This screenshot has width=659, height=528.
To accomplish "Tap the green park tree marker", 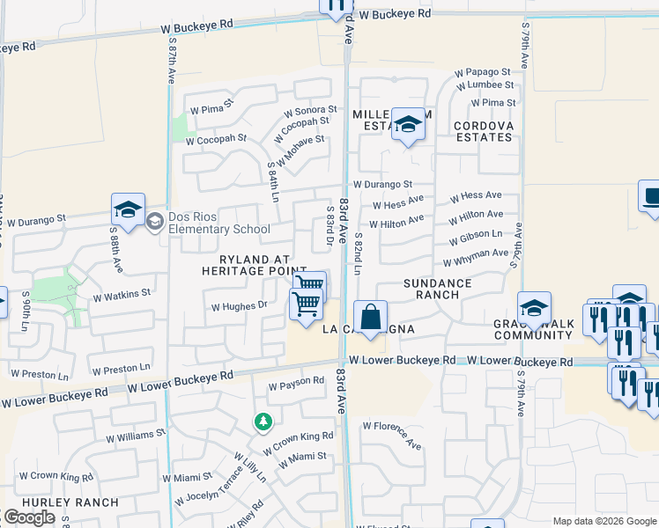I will tap(263, 422).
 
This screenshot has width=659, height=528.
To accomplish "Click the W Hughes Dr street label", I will tap(238, 306).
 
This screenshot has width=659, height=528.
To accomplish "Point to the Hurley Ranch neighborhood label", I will tap(58, 502).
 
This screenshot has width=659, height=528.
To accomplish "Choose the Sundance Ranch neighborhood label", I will tap(437, 289).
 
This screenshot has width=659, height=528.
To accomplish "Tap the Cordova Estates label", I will tap(483, 131).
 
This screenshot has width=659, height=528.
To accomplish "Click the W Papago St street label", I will tap(482, 72).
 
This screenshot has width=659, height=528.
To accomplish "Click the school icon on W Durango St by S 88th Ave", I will tap(128, 210).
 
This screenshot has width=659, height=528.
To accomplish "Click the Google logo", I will tap(29, 517).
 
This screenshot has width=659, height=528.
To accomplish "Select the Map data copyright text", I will tap(604, 521).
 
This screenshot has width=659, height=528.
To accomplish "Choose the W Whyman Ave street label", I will tap(476, 257).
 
